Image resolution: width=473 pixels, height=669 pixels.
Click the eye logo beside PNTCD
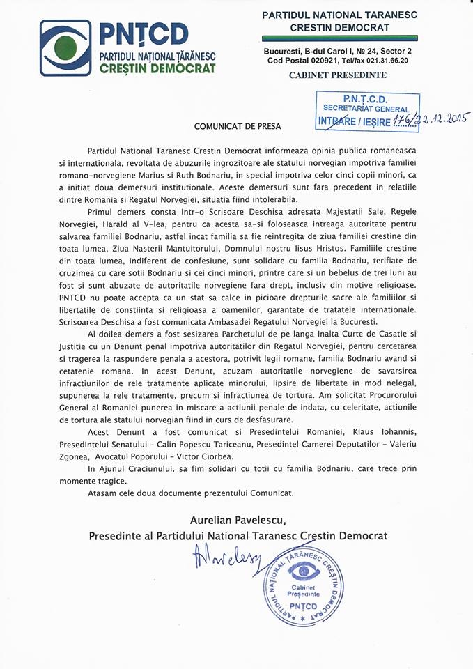click(x=65, y=47)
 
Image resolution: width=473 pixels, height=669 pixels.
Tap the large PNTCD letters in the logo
click(x=144, y=33)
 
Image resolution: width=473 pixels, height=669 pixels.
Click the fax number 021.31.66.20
click(x=385, y=61)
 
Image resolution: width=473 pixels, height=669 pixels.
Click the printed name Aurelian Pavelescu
click(x=236, y=519)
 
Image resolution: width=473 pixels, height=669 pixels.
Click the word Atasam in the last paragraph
click(x=104, y=493)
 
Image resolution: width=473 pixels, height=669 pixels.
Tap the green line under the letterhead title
click(x=340, y=38)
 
